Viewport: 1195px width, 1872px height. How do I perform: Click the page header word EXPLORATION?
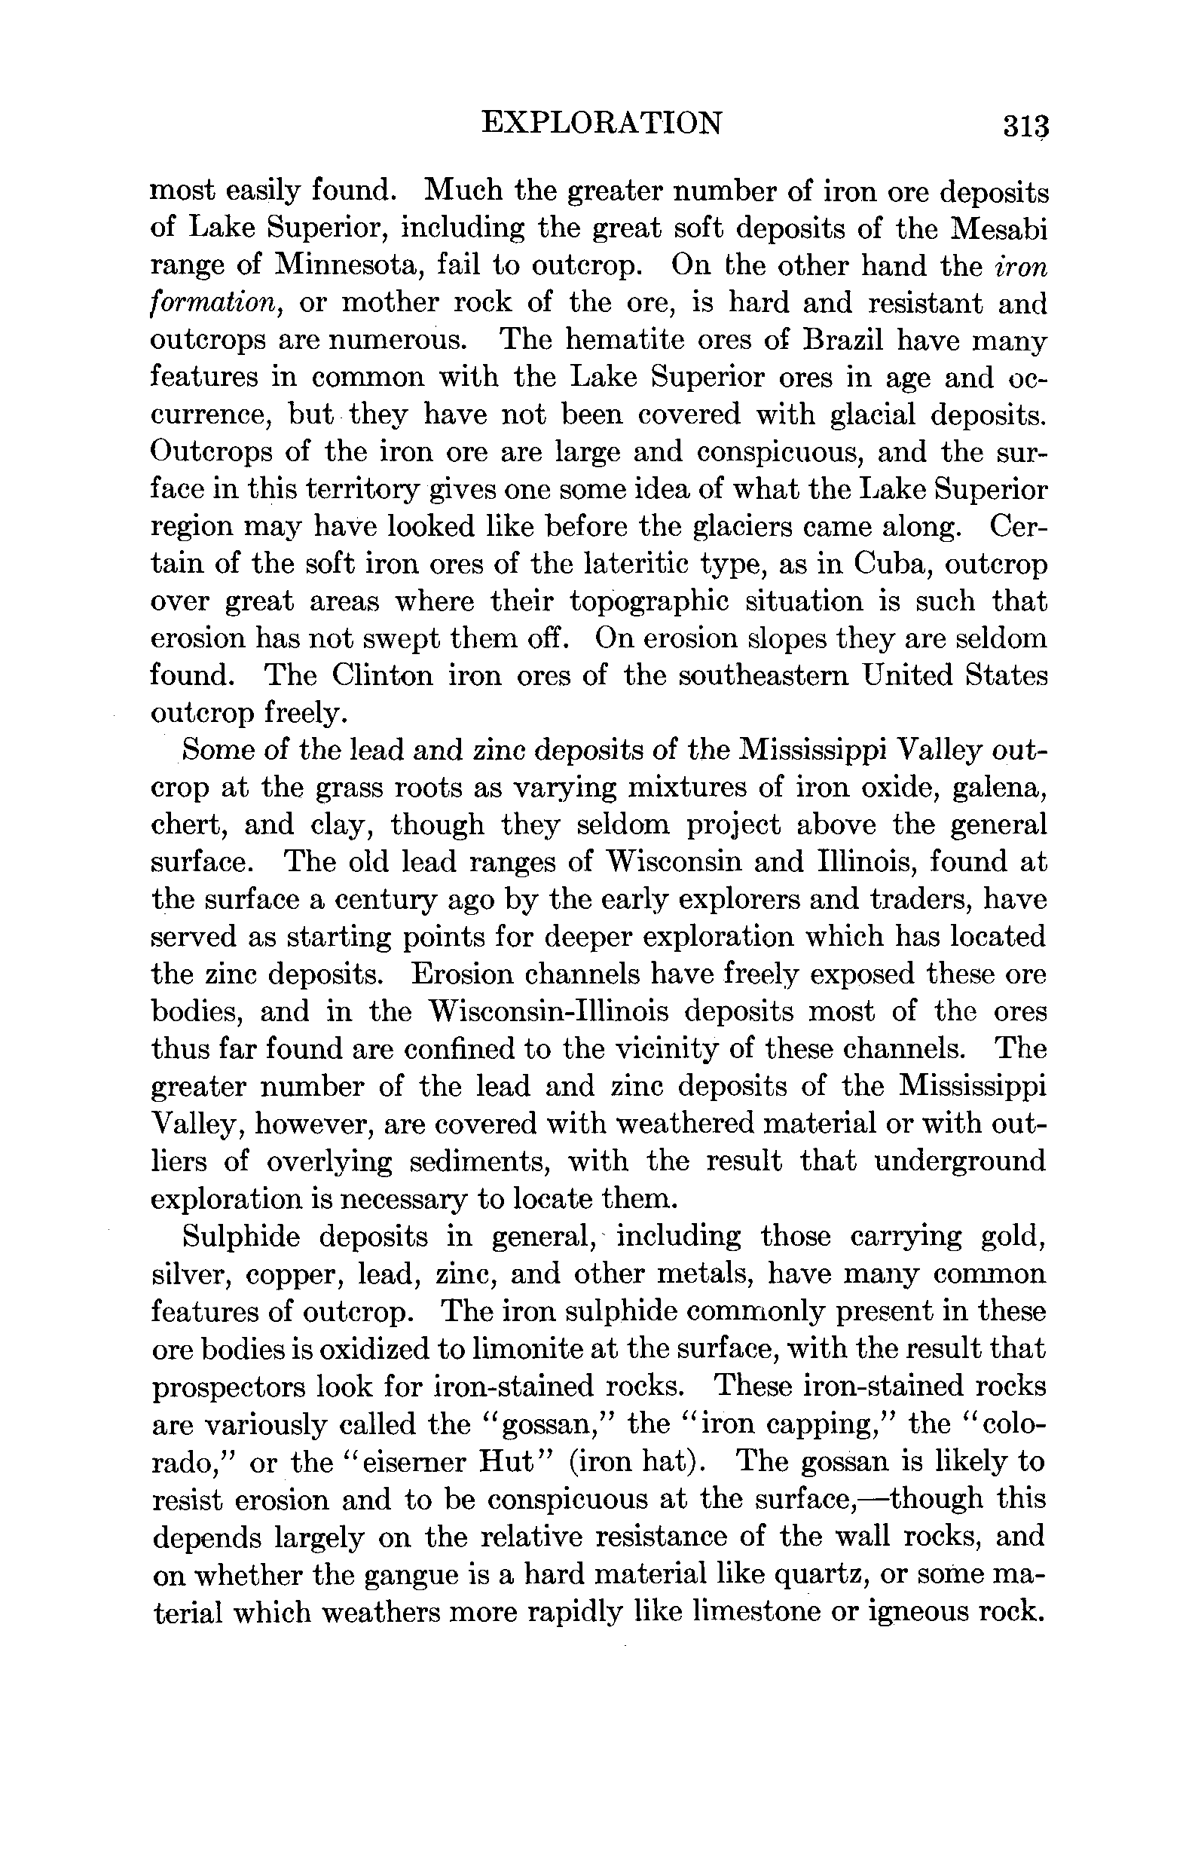(601, 123)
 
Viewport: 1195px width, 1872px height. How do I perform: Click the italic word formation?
(214, 303)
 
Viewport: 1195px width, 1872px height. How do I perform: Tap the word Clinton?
(381, 675)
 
